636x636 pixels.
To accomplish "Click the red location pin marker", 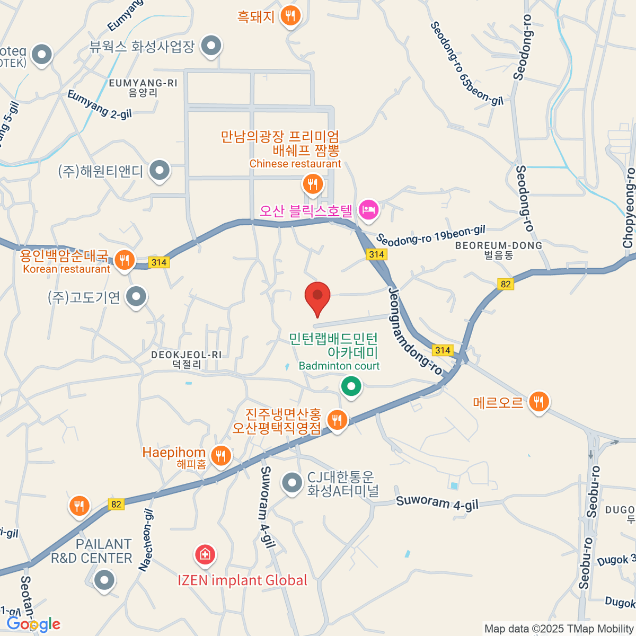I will [317, 297].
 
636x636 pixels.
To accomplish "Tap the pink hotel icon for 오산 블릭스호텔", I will [368, 209].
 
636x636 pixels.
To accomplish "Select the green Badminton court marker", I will [350, 386].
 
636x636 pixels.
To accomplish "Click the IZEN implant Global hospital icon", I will [205, 554].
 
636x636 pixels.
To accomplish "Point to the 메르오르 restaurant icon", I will [538, 402].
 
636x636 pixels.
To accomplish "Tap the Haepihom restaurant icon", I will [220, 455].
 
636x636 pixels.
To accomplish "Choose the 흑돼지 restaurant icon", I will [289, 15].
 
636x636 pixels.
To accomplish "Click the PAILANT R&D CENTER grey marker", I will [104, 580].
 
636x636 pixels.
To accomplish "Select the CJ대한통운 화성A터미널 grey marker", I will [291, 483].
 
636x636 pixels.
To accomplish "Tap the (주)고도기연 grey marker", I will [137, 297].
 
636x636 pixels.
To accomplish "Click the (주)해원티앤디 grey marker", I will [159, 171].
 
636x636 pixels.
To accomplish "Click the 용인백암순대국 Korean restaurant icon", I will [124, 260].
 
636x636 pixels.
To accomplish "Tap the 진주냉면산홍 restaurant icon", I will [337, 420].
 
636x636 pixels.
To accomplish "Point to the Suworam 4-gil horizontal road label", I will [437, 502].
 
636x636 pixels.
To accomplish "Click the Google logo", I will [34, 624].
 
